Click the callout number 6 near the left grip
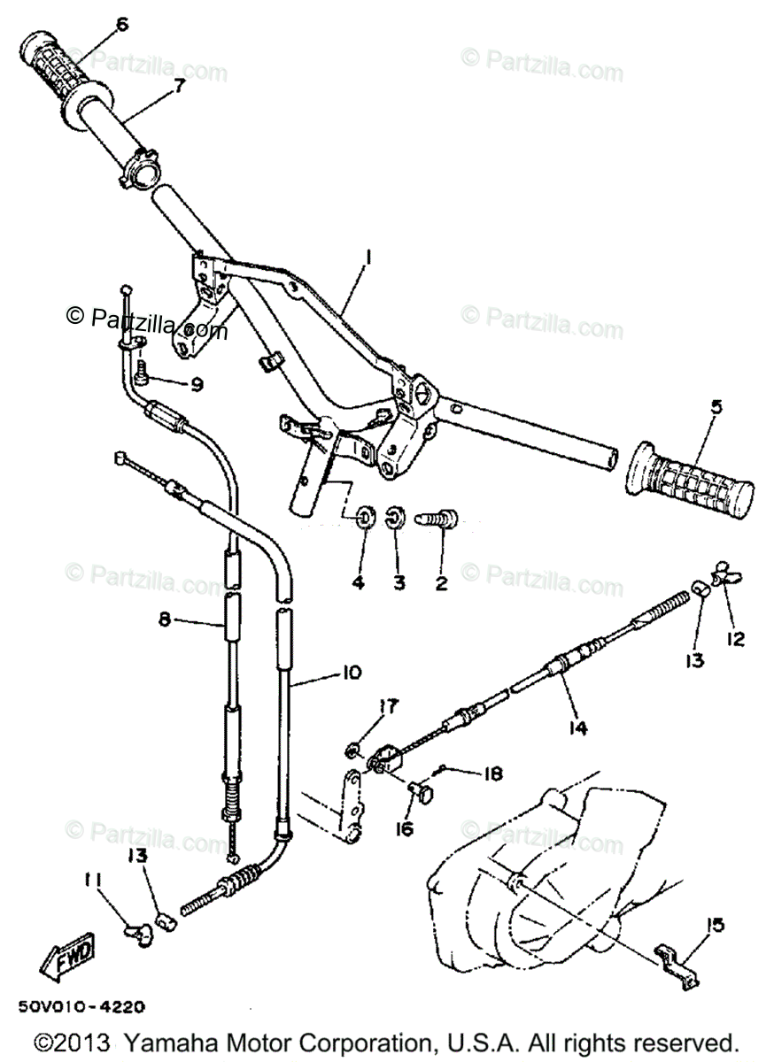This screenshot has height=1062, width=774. pyautogui.click(x=121, y=24)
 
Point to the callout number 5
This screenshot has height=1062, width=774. pyautogui.click(x=716, y=408)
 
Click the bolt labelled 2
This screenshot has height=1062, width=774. pyautogui.click(x=440, y=515)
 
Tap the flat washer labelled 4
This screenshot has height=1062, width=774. pyautogui.click(x=365, y=517)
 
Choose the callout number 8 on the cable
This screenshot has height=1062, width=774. pyautogui.click(x=165, y=620)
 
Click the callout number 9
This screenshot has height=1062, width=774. pyautogui.click(x=197, y=384)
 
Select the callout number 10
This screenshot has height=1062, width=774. pyautogui.click(x=351, y=673)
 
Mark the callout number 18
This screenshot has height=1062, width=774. pyautogui.click(x=492, y=773)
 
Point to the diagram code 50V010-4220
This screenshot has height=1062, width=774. pyautogui.click(x=80, y=1006)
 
